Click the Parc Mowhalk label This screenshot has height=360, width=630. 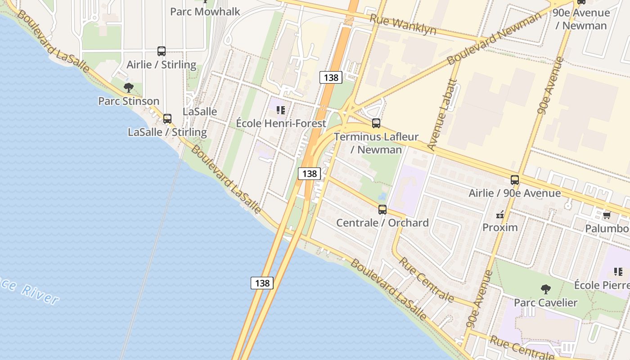pyautogui.click(x=205, y=11)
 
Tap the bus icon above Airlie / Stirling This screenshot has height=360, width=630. pyautogui.click(x=162, y=51)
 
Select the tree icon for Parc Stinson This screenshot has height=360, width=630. pyautogui.click(x=129, y=87)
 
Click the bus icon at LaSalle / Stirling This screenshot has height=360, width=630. pyautogui.click(x=167, y=119)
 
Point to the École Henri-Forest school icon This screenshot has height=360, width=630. pyautogui.click(x=281, y=110)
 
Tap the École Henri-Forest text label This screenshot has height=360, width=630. pyautogui.click(x=281, y=123)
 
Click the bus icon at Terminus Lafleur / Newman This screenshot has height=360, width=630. pyautogui.click(x=376, y=123)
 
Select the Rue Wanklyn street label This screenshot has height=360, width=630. pyautogui.click(x=403, y=24)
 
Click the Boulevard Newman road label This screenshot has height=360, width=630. pyautogui.click(x=494, y=39)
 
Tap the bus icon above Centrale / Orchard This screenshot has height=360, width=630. pyautogui.click(x=382, y=209)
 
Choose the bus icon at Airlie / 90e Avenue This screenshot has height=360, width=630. pyautogui.click(x=515, y=180)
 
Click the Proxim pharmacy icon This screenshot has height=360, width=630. pyautogui.click(x=500, y=215)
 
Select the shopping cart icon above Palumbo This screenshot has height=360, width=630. pyautogui.click(x=607, y=215)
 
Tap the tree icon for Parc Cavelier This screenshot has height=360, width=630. pyautogui.click(x=546, y=289)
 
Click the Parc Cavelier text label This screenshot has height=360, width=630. pyautogui.click(x=545, y=302)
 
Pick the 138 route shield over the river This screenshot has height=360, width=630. pyautogui.click(x=262, y=283)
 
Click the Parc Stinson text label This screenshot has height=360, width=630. pyautogui.click(x=129, y=101)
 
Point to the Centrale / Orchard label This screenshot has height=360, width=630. pyautogui.click(x=382, y=223)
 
